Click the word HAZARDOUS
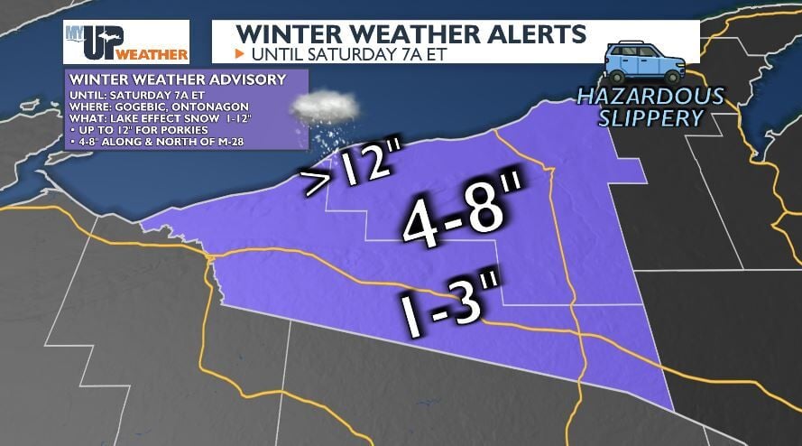650,96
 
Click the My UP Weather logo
125,42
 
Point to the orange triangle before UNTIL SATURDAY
240,53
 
